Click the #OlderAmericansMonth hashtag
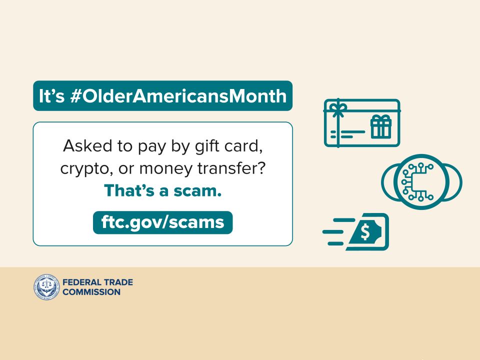[178, 96]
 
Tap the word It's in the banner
[51, 96]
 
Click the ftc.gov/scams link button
[162, 222]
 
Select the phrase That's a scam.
[162, 190]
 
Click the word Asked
[87, 145]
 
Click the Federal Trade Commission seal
[46, 287]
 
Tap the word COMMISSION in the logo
[91, 292]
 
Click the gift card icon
[362, 123]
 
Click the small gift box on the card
[381, 126]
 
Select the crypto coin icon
[421, 182]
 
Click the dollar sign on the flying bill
[365, 231]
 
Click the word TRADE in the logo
[118, 282]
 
